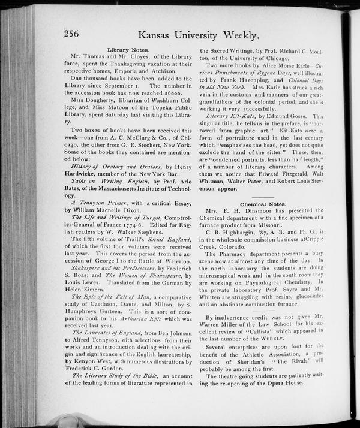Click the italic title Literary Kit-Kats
(x=230, y=116)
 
